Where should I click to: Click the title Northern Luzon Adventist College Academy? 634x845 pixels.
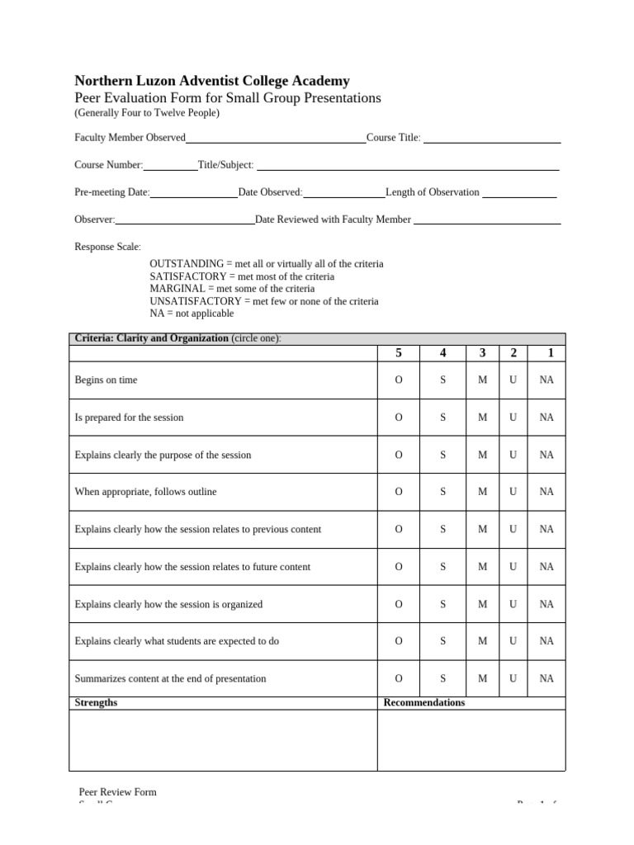[x=212, y=81]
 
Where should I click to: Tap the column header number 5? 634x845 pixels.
[x=399, y=353]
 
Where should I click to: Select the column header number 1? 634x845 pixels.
[x=551, y=353]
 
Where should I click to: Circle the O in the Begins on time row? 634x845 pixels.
[x=399, y=380]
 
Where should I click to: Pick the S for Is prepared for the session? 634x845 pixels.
[x=443, y=418]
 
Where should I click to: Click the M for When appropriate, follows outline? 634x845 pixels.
[x=483, y=492]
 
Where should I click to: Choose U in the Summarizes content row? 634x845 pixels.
[x=513, y=678]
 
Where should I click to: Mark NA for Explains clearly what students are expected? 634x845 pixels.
[x=546, y=641]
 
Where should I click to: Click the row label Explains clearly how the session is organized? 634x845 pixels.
[x=168, y=604]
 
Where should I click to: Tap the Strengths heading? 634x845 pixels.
[x=96, y=703]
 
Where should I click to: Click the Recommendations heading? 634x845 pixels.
[x=423, y=703]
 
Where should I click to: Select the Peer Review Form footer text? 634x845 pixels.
[x=117, y=792]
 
